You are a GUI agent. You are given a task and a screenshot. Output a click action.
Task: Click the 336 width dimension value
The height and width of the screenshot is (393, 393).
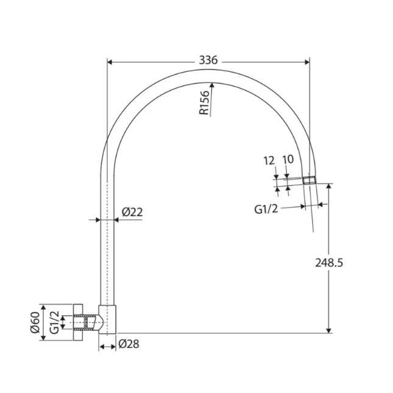(x=208, y=60)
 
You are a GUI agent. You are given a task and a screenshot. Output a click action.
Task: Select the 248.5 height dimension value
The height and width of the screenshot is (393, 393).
(x=330, y=263)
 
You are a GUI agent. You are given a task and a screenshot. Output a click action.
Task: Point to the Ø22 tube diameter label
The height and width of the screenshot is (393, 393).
(x=132, y=212)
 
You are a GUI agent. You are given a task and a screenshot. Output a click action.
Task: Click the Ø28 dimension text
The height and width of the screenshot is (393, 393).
(x=129, y=344)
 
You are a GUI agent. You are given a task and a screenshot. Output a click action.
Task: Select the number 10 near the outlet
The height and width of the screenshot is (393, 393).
(x=288, y=159)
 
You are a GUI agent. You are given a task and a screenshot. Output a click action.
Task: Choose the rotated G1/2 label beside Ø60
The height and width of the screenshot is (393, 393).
(x=55, y=321)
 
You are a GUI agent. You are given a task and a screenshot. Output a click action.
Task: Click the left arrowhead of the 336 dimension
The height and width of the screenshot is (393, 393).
(x=110, y=61)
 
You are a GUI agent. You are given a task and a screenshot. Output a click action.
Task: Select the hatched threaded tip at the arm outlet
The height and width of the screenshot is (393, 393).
(x=309, y=180)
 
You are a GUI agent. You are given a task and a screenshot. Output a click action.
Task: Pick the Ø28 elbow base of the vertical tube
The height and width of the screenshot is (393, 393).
(x=107, y=318)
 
